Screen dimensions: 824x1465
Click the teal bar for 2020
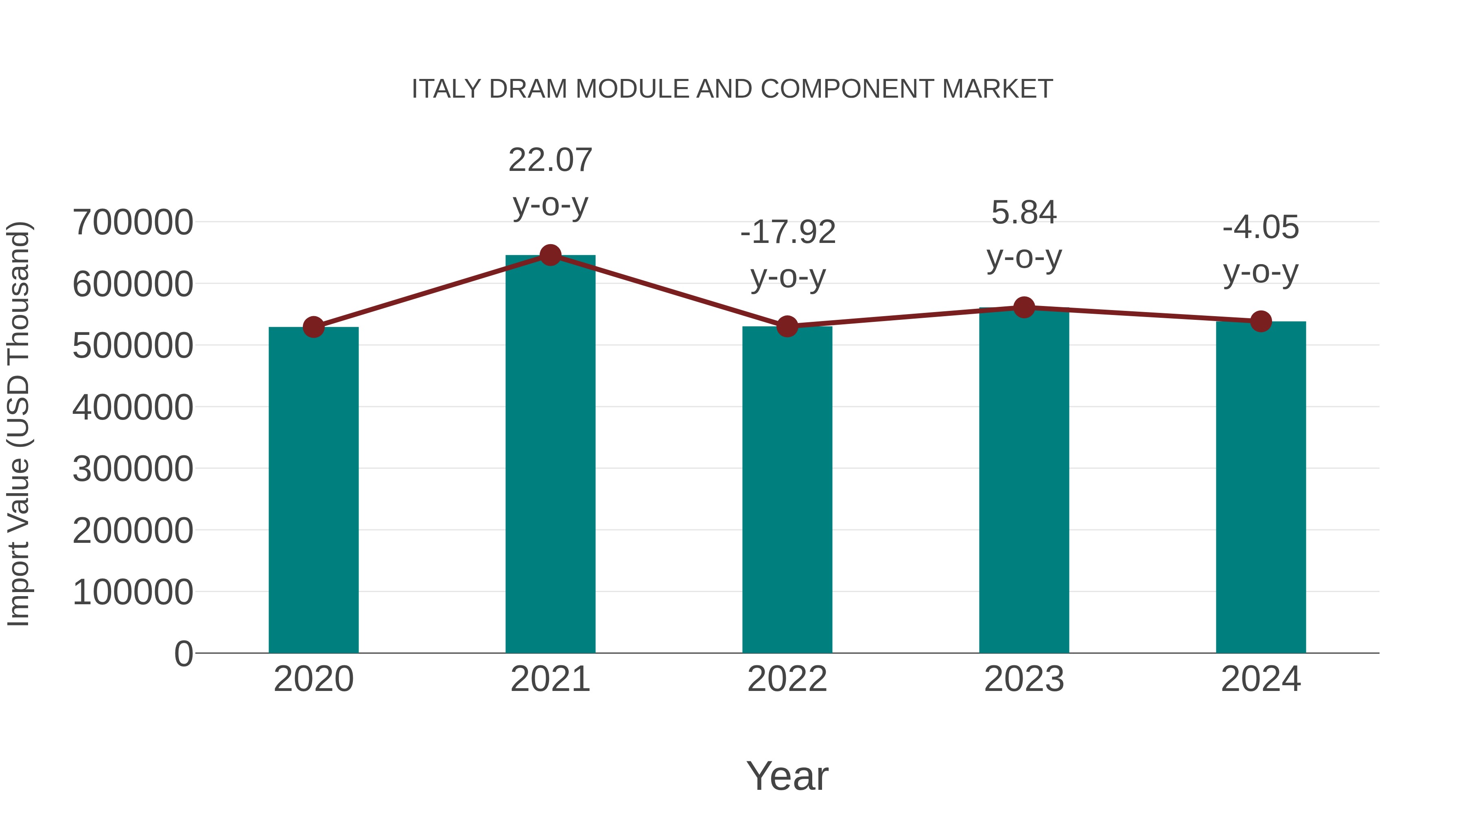[x=313, y=489]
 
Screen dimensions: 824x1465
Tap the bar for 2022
[x=787, y=489]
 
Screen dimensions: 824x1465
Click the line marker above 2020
[x=313, y=327]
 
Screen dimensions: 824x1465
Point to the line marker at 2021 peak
[x=550, y=255]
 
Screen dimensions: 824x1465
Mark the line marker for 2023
[x=1024, y=307]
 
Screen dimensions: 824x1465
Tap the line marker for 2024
[x=1261, y=321]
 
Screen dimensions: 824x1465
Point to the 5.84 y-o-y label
[x=1024, y=234]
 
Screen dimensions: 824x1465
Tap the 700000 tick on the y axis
[x=133, y=222]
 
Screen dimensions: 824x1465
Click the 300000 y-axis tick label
[x=133, y=469]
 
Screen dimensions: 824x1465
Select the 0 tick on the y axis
[x=183, y=654]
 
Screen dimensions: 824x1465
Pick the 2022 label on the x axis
[x=787, y=679]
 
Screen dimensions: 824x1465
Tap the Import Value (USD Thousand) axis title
[x=18, y=424]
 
